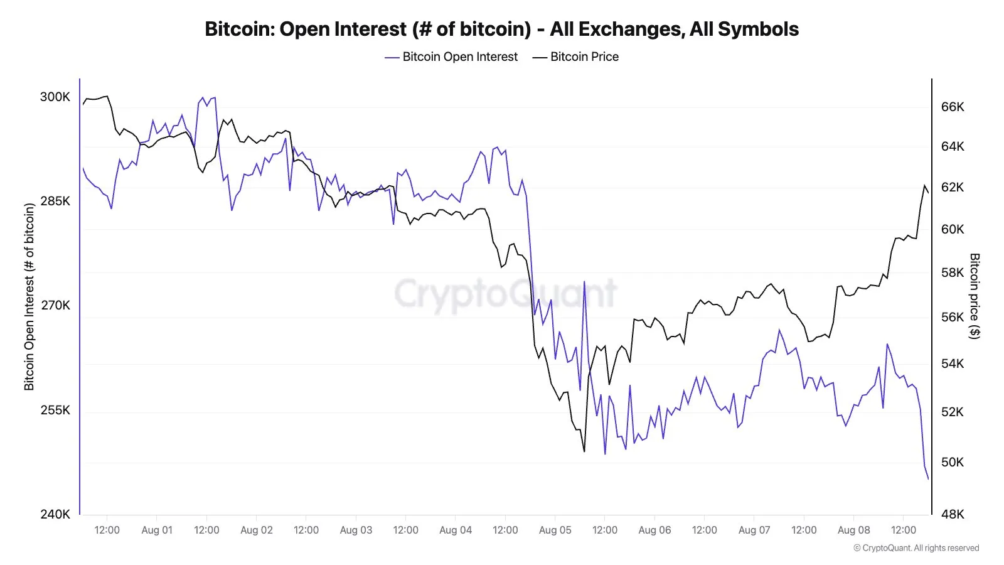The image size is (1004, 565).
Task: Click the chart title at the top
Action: coord(501,29)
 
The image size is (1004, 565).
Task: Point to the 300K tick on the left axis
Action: coord(55,97)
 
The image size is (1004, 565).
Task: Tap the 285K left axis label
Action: coord(55,201)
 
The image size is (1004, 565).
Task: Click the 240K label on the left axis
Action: coord(55,514)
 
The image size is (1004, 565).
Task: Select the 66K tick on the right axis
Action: coord(952,107)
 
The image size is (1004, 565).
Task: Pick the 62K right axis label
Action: coord(952,187)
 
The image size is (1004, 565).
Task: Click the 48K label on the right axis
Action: coord(952,514)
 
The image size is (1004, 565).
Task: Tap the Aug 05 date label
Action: coord(555,530)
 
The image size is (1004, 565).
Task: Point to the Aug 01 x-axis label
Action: coord(157,530)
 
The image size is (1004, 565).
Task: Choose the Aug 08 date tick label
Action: coord(853,530)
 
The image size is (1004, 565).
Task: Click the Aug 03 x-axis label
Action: coord(356,530)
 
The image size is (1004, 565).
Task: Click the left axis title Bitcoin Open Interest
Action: coord(29,296)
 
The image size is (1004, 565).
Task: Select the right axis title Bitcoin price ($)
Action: coord(974,296)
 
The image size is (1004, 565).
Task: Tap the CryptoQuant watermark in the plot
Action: coord(505,293)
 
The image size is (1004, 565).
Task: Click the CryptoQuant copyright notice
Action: coord(916,548)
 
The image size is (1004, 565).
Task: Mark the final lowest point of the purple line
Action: coord(928,479)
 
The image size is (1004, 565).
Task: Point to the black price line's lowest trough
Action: coord(584,451)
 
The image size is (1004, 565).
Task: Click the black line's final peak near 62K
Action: coord(925,185)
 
